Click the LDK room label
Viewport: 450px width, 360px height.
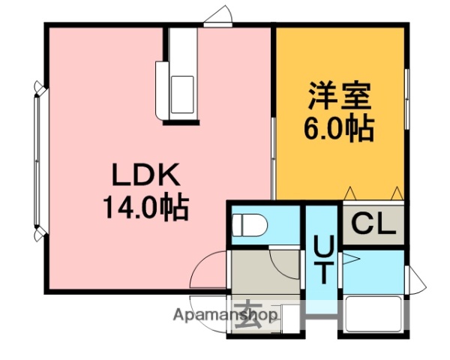click(x=145, y=177)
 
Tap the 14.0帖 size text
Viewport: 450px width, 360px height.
click(x=145, y=205)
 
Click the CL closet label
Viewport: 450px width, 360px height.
click(x=373, y=223)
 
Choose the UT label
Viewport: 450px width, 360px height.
click(x=323, y=259)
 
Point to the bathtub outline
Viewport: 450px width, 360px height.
click(x=373, y=313)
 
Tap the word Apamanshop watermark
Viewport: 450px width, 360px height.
click(x=225, y=316)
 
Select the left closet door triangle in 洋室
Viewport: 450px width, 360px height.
click(x=350, y=193)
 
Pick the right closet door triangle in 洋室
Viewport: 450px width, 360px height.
click(x=397, y=193)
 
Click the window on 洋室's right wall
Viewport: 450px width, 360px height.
click(x=406, y=101)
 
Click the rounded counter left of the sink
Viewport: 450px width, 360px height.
click(x=161, y=90)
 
